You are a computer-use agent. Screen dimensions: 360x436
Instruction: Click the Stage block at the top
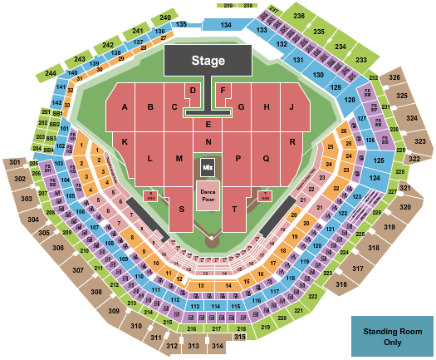click(208, 61)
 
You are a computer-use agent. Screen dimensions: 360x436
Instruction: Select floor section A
click(125, 106)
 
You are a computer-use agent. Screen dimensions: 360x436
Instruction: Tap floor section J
click(292, 106)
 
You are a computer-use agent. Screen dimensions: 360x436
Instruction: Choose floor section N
click(208, 142)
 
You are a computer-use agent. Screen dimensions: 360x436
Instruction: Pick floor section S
click(180, 208)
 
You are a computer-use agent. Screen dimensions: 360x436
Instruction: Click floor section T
click(235, 208)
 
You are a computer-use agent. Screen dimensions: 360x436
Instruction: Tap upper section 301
click(15, 162)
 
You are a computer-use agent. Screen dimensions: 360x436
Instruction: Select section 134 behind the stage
click(225, 26)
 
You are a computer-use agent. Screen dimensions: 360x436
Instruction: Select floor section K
click(124, 142)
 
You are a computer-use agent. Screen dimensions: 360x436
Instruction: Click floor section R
click(293, 142)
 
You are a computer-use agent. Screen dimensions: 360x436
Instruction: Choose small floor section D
click(193, 90)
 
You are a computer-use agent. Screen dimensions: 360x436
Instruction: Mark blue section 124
click(375, 178)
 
